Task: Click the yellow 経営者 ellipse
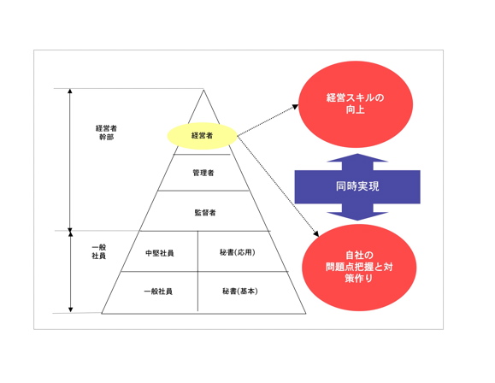click(202, 136)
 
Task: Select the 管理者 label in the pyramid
click(203, 173)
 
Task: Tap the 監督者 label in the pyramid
click(205, 213)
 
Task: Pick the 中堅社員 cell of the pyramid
click(160, 253)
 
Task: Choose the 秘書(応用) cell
click(238, 252)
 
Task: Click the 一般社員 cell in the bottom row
click(158, 292)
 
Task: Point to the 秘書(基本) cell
click(240, 292)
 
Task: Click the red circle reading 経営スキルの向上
click(356, 104)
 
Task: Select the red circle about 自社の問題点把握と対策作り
click(359, 268)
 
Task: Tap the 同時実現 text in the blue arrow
click(357, 186)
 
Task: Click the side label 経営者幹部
click(106, 133)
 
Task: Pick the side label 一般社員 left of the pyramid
click(99, 251)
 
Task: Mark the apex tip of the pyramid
click(203, 90)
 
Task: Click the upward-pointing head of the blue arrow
click(357, 158)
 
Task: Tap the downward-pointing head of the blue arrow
click(357, 216)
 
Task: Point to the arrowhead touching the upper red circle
click(295, 107)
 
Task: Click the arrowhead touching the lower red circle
click(316, 234)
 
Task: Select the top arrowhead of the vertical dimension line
click(70, 91)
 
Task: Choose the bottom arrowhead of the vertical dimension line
click(70, 309)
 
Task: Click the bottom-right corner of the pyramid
click(305, 314)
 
